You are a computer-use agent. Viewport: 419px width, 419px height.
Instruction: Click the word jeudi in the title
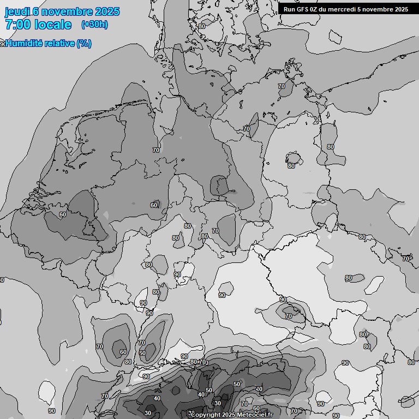tap(17, 11)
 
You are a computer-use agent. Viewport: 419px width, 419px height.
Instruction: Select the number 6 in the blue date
tap(36, 11)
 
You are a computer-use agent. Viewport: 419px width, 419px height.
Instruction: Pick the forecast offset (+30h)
tap(94, 25)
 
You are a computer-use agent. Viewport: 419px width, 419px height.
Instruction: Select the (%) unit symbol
tap(84, 44)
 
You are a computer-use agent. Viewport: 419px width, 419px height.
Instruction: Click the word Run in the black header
tap(289, 9)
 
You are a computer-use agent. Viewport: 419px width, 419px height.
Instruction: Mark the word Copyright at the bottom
tap(206, 415)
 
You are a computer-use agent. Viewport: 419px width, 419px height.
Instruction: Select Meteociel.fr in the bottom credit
tap(255, 415)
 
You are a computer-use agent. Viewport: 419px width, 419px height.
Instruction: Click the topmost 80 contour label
tap(202, 26)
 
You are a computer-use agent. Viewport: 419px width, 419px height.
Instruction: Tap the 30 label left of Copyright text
tap(148, 413)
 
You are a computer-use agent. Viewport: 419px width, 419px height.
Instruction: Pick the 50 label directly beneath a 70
tap(142, 353)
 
